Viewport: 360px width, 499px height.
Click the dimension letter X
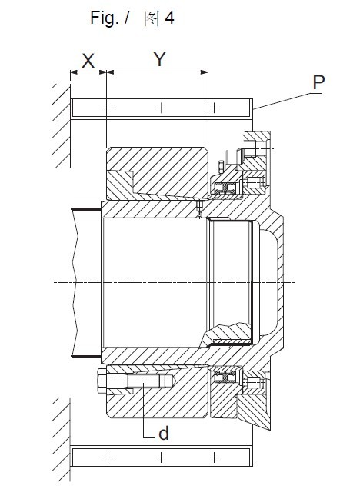click(88, 61)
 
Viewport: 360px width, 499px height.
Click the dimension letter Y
click(160, 59)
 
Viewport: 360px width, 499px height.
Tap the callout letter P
click(318, 82)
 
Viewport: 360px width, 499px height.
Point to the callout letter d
click(164, 433)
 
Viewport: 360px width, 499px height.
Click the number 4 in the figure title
click(169, 18)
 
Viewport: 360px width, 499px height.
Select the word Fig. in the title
click(105, 18)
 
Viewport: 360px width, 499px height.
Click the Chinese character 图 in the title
click(152, 18)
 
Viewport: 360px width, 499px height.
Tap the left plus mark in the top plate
click(108, 108)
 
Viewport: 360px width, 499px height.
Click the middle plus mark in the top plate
click(162, 108)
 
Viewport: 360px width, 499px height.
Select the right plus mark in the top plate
click(214, 108)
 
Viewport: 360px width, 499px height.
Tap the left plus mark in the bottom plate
click(108, 457)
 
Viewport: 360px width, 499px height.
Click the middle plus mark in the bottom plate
click(162, 457)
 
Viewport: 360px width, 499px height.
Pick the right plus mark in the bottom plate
click(214, 457)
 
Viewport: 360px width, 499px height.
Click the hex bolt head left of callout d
click(102, 381)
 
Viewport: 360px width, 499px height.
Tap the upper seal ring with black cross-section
click(225, 188)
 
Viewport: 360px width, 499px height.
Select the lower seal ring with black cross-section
click(225, 377)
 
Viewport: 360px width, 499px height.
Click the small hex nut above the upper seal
click(222, 167)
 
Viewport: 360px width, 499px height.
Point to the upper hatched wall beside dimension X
click(62, 125)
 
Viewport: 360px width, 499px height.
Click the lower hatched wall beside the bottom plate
click(62, 439)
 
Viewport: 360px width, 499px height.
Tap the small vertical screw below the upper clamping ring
click(199, 208)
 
